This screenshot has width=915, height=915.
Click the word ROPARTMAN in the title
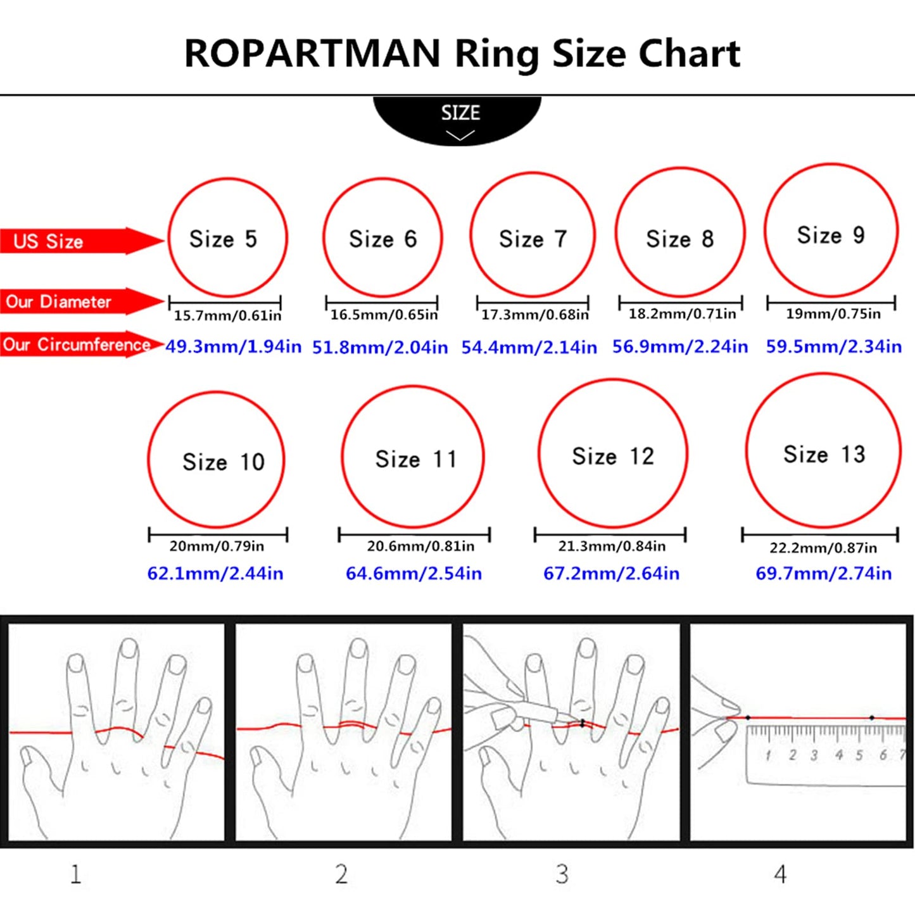pyautogui.click(x=312, y=54)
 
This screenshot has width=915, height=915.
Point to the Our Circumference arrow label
pyautogui.click(x=76, y=344)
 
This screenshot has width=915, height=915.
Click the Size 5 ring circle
pyautogui.click(x=227, y=238)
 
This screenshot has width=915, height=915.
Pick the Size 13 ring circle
pyautogui.click(x=823, y=451)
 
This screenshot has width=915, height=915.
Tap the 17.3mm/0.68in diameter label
pyautogui.click(x=534, y=315)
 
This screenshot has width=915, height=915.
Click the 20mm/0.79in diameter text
pyautogui.click(x=217, y=546)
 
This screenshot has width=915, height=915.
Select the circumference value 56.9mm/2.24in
pyautogui.click(x=679, y=347)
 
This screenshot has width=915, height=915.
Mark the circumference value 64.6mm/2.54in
pyautogui.click(x=413, y=574)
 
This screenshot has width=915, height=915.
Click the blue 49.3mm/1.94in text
pyautogui.click(x=233, y=347)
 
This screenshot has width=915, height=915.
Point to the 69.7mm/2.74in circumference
pyautogui.click(x=823, y=574)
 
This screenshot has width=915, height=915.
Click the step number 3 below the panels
pyautogui.click(x=562, y=874)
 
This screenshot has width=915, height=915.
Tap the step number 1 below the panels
pyautogui.click(x=75, y=874)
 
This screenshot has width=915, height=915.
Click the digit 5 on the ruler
pyautogui.click(x=859, y=755)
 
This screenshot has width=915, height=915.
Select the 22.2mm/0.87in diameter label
pyautogui.click(x=823, y=548)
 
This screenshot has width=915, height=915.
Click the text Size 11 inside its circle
pyautogui.click(x=416, y=459)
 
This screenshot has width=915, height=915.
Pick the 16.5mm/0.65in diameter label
pyautogui.click(x=384, y=315)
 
